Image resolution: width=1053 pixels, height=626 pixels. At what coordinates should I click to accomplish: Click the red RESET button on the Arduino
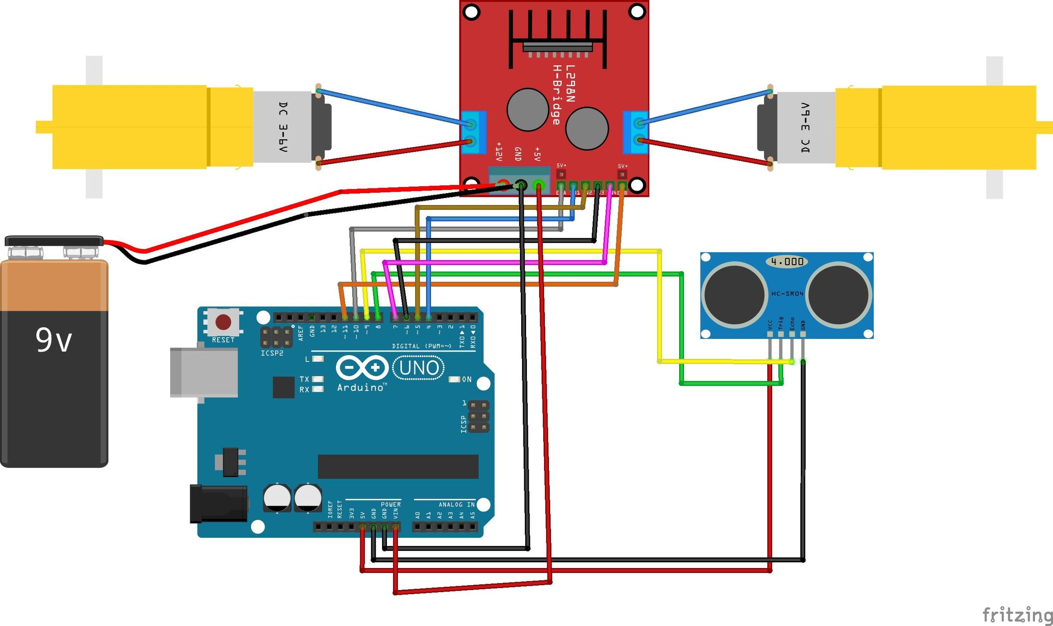click(223, 322)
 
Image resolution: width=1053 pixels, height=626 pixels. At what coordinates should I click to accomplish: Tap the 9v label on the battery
click(54, 340)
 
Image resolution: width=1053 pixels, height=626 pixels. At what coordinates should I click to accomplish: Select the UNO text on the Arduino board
click(419, 368)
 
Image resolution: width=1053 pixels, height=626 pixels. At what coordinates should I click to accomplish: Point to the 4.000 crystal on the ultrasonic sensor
click(787, 262)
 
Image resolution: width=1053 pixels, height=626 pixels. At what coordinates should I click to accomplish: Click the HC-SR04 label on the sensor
click(787, 293)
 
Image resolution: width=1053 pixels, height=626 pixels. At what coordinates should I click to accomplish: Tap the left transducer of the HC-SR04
click(734, 295)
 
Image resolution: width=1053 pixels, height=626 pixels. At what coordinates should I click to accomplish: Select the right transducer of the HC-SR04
click(839, 295)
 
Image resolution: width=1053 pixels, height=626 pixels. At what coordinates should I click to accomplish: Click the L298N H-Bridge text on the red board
click(563, 94)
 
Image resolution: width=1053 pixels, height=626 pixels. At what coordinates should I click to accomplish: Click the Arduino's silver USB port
click(204, 372)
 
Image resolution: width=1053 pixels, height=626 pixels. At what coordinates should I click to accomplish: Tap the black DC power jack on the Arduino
click(218, 504)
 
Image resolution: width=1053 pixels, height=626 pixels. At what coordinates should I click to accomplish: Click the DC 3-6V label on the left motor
click(283, 127)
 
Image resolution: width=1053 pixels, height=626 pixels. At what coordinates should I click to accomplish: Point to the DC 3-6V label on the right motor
click(805, 127)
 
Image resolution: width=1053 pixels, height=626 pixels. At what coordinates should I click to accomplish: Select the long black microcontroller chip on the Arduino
click(398, 467)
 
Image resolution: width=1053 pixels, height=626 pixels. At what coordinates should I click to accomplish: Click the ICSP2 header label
click(272, 353)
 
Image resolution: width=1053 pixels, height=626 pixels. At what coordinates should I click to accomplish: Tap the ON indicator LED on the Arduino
click(455, 379)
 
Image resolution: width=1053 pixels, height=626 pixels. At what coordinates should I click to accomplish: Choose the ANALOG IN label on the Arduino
click(456, 504)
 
